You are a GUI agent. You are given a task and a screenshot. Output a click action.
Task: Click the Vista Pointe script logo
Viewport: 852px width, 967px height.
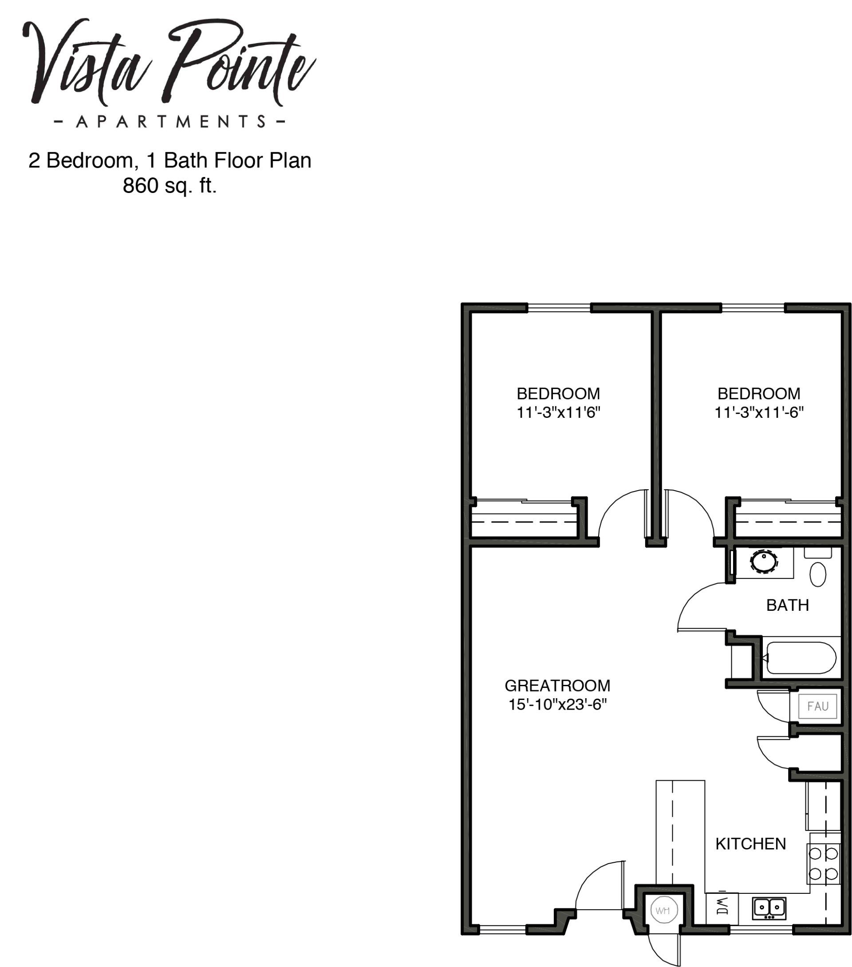pos(169,62)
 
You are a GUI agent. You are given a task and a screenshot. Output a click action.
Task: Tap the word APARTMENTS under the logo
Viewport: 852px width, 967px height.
pos(170,122)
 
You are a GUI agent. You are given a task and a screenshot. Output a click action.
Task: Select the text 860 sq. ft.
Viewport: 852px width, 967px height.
pos(170,185)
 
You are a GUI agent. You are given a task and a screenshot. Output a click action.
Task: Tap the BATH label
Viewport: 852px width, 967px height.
pos(787,605)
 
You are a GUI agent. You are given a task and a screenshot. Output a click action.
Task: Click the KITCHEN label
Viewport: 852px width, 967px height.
pos(750,844)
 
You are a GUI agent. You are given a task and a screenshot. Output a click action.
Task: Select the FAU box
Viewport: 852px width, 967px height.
pos(817,706)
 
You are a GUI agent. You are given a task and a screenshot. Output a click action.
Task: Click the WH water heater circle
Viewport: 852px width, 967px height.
pos(663,910)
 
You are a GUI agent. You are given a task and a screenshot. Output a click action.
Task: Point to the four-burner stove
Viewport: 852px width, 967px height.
pos(824,863)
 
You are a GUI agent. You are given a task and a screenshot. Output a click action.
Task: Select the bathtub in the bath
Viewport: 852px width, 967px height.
pos(801,657)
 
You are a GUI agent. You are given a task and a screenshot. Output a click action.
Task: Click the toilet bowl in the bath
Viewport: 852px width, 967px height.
pos(818,574)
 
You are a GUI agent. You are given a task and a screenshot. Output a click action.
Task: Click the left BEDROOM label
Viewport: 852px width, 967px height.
pos(558,393)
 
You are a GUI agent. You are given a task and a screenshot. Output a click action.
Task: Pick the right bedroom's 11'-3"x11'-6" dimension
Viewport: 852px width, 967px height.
pos(759,413)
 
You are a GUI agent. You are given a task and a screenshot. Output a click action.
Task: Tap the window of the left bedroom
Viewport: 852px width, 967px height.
pos(559,308)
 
